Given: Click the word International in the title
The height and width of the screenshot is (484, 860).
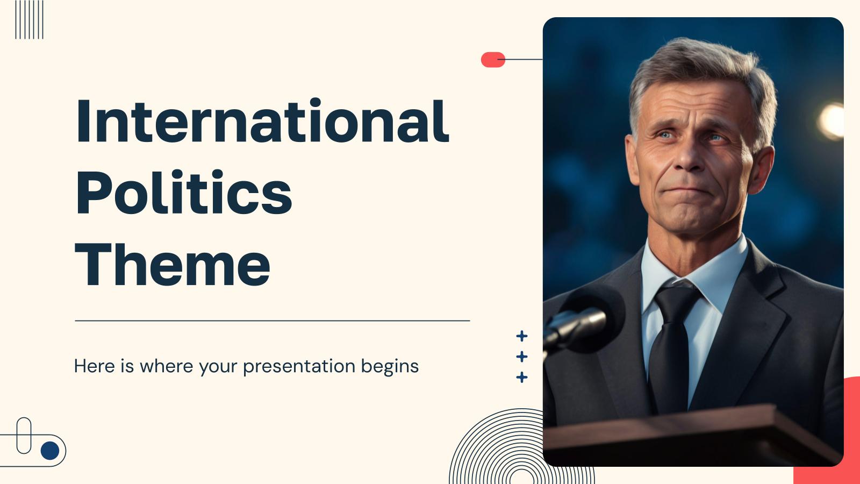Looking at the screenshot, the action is click(x=262, y=120).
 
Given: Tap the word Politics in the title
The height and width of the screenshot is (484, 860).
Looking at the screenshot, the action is click(x=184, y=191).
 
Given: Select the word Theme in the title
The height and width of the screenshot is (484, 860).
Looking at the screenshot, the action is click(x=173, y=264).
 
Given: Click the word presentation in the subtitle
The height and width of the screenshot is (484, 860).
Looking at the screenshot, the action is click(x=299, y=366).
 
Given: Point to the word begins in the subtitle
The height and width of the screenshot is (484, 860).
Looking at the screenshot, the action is click(x=390, y=366).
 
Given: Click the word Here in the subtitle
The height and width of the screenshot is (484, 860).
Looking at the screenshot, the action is click(x=94, y=366).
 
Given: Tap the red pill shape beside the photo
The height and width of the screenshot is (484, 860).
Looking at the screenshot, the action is click(x=493, y=60).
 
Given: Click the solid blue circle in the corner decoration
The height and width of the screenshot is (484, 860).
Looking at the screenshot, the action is click(x=50, y=451).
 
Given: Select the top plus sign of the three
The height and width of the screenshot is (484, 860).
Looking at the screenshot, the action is click(x=522, y=336).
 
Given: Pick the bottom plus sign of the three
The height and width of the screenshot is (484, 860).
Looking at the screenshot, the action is click(x=522, y=377).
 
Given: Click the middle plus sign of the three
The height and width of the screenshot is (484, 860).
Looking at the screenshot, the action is click(x=522, y=357).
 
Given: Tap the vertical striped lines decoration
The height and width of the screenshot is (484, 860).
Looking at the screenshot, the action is click(x=29, y=19).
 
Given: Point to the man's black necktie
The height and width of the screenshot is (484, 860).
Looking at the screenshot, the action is click(x=672, y=346).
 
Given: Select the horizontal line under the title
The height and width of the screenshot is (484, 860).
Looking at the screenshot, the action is click(x=273, y=321).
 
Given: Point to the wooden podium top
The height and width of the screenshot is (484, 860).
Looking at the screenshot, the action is click(x=691, y=426).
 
